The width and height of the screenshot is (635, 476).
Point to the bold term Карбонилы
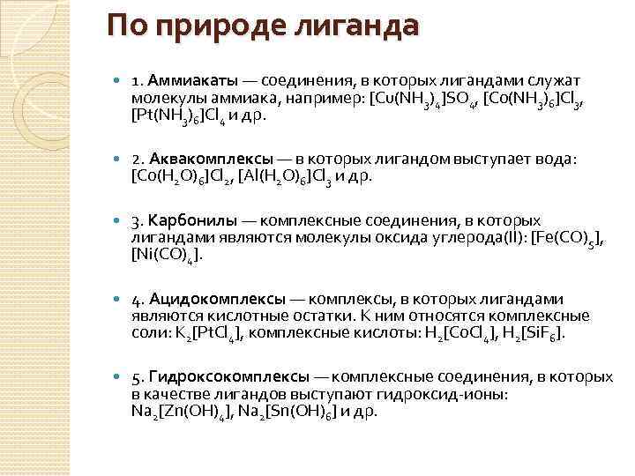[x=190, y=220]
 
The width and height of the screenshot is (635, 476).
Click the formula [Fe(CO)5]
[x=571, y=238]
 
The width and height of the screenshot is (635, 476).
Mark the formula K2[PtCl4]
[x=198, y=334]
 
